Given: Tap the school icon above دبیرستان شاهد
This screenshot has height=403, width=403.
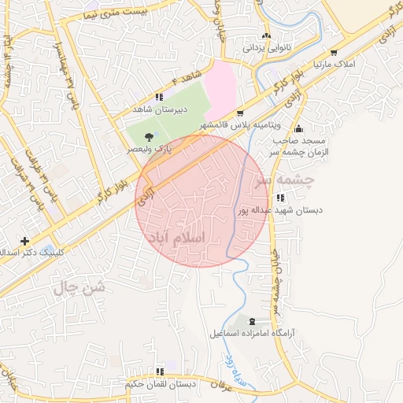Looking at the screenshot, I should click(159, 98).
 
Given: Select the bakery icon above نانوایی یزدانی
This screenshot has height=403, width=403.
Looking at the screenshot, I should click(267, 35).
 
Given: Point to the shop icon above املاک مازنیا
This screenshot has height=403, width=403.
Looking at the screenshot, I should click(334, 52).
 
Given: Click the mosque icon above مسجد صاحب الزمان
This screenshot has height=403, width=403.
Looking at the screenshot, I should click(298, 129).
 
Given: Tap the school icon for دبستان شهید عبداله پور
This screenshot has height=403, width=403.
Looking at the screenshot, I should click(282, 198).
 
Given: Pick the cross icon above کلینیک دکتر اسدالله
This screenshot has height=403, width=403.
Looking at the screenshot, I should click(25, 240).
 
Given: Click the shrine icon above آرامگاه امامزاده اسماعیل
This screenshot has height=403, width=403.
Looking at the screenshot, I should click(252, 321).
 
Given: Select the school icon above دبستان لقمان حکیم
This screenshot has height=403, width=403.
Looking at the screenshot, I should click(160, 372).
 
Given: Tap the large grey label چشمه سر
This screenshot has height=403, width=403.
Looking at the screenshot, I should click(283, 180).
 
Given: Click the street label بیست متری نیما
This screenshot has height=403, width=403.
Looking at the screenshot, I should click(115, 12).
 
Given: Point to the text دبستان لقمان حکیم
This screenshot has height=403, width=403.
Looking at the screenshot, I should click(160, 385).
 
